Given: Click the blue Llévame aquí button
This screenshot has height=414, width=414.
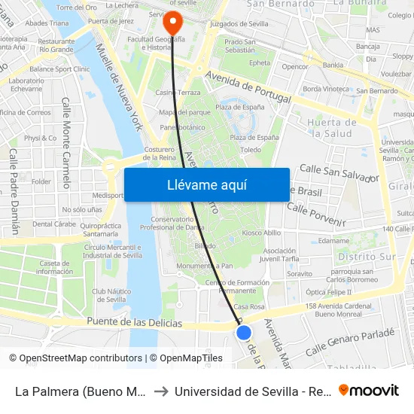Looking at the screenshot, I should pyautogui.click(x=206, y=184).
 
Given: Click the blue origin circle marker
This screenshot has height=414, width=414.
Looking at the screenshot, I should pyautogui.click(x=243, y=332).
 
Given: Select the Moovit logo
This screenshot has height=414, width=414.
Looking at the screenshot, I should pyautogui.click(x=369, y=391).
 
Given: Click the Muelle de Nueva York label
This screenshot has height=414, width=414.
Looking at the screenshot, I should pyautogui.click(x=120, y=87).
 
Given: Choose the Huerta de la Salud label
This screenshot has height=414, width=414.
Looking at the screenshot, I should pyautogui.click(x=331, y=128).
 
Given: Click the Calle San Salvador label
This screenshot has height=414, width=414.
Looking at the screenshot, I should pyautogui.click(x=339, y=172).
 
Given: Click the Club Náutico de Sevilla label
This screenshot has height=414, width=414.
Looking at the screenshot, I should pyautogui.click(x=109, y=295).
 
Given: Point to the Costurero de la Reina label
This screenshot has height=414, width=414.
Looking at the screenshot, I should pyautogui.click(x=160, y=154).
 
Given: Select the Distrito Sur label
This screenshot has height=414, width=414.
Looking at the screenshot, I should pyautogui.click(x=367, y=257).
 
